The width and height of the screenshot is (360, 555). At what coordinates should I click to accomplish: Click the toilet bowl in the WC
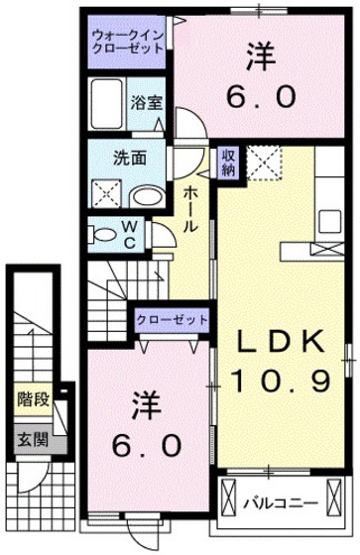tap(102, 234)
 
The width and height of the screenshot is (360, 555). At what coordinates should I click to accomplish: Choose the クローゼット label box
tap(175, 319)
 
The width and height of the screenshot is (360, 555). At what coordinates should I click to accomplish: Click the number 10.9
tap(281, 379)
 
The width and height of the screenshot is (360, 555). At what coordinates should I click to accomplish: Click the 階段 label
tap(33, 401)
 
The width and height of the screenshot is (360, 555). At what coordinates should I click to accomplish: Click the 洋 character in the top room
tap(262, 56)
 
